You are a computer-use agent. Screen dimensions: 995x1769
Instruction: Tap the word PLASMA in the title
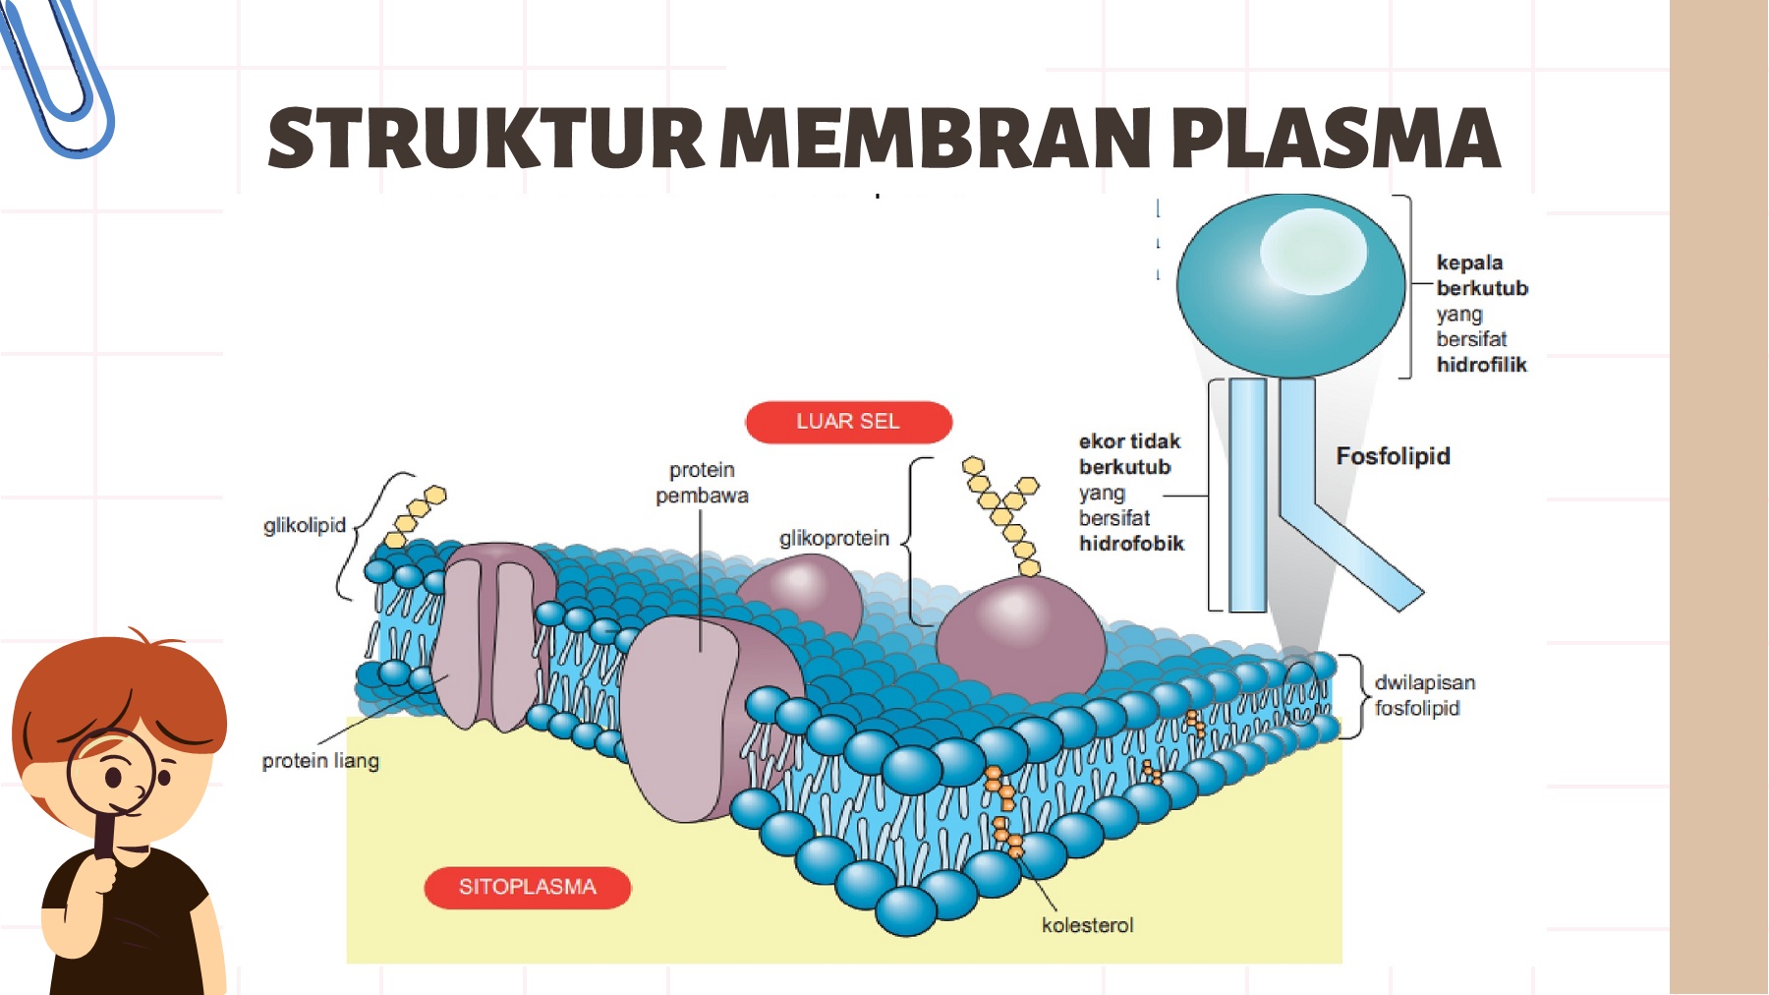point(1336,138)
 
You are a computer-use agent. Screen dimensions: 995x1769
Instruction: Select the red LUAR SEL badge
point(848,422)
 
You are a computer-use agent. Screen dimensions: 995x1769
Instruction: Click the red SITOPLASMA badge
point(528,887)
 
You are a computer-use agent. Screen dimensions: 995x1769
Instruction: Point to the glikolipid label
point(305,525)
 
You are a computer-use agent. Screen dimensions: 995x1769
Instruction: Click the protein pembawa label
point(702,483)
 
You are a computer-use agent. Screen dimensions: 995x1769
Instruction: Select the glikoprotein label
point(833,538)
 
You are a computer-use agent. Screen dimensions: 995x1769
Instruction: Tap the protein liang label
point(320,760)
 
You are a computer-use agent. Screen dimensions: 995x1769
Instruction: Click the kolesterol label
point(1087,925)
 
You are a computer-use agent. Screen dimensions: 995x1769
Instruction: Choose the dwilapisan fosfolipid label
point(1423,695)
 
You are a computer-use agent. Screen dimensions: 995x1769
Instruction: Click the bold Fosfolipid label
point(1393,456)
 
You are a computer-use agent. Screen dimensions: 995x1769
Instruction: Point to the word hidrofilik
point(1481,365)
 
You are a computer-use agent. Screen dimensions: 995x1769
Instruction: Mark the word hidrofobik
point(1131,544)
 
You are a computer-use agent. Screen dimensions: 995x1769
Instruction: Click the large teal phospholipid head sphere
point(1289,285)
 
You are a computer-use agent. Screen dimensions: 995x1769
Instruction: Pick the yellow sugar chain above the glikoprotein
point(1003,512)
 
